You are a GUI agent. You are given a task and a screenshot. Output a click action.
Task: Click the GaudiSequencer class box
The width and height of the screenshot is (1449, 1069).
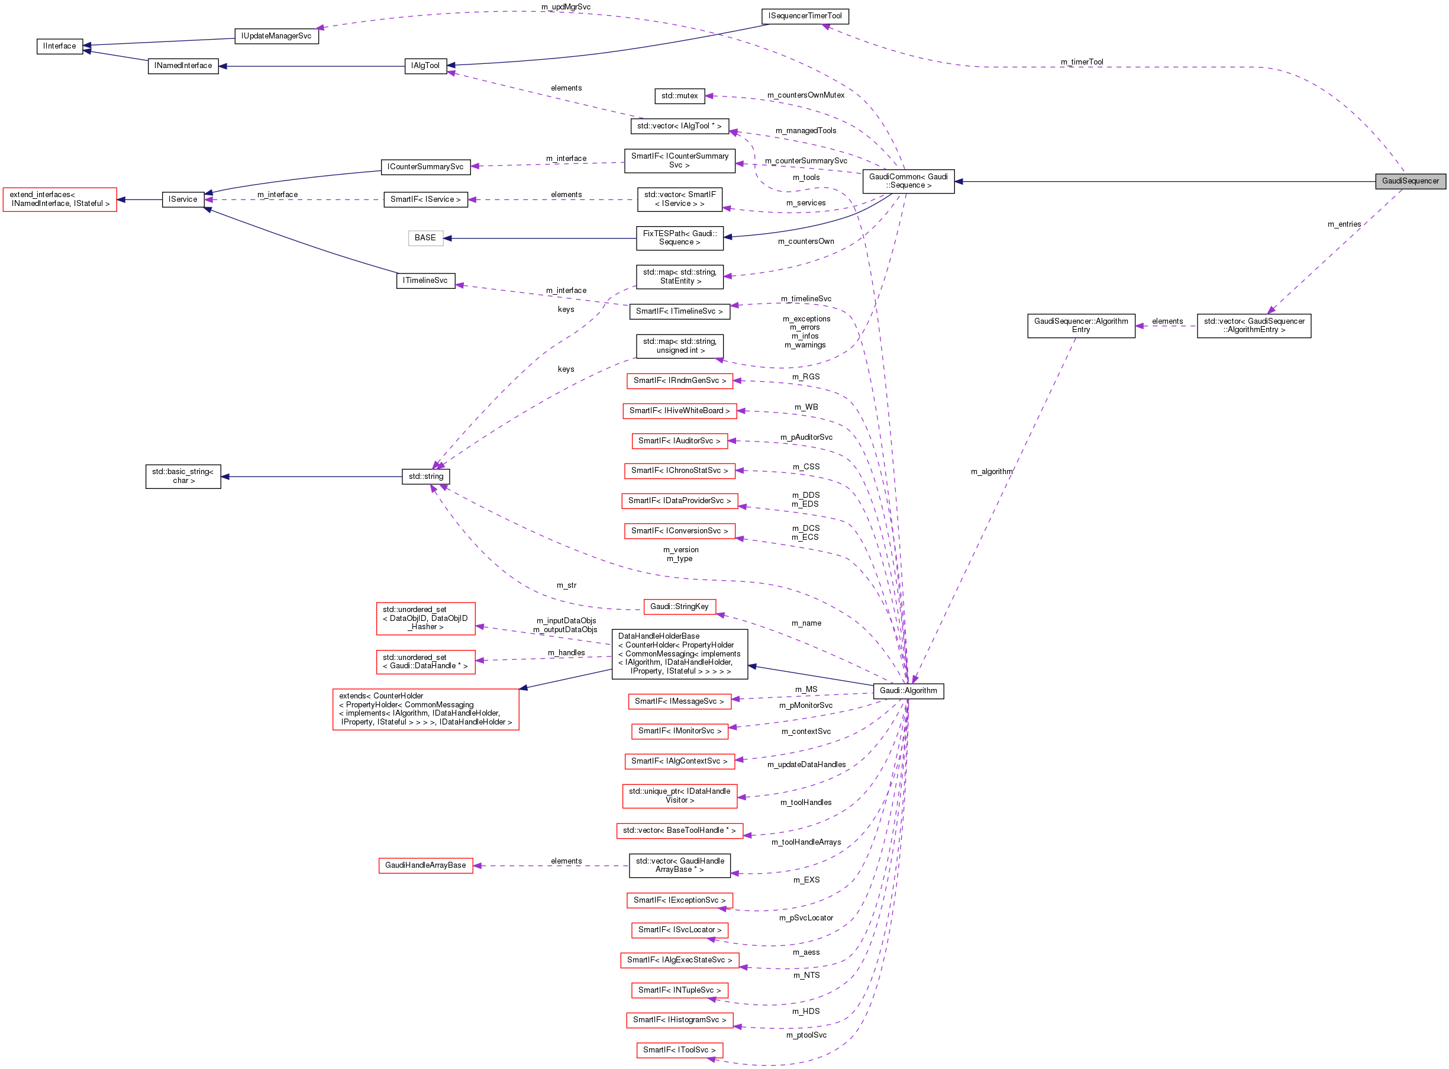(x=1409, y=181)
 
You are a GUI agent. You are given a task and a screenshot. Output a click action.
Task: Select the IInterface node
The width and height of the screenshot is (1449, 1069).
(x=60, y=46)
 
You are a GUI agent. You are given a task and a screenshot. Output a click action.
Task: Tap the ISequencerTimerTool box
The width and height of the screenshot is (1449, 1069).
(x=805, y=16)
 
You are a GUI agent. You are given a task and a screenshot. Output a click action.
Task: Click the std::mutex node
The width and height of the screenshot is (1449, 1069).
(x=679, y=96)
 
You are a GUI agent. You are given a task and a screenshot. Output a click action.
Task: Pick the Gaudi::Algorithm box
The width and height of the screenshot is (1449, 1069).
(x=908, y=691)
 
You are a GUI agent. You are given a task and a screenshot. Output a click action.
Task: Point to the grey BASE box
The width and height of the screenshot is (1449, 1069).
(x=425, y=238)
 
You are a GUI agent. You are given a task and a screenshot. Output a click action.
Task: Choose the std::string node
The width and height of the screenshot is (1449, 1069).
(x=425, y=477)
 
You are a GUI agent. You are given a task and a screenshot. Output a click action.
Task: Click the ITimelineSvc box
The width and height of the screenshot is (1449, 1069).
(x=425, y=281)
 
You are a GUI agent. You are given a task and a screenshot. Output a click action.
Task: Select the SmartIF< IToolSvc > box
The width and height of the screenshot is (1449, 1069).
(x=679, y=1050)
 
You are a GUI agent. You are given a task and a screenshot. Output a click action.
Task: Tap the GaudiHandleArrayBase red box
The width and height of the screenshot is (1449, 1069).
(x=425, y=866)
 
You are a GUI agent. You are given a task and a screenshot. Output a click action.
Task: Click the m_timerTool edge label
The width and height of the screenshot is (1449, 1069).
(x=1082, y=62)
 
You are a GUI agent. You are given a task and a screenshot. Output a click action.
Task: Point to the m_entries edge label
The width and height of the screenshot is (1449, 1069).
(x=1344, y=224)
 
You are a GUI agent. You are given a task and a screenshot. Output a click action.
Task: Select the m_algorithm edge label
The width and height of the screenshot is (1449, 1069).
(x=991, y=472)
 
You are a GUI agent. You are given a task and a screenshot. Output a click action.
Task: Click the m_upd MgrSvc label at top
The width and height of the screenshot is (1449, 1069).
(x=566, y=7)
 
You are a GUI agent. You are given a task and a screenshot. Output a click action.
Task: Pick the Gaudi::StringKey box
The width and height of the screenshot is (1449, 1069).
(x=679, y=607)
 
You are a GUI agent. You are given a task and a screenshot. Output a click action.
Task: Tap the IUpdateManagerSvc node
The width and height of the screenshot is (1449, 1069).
(x=276, y=36)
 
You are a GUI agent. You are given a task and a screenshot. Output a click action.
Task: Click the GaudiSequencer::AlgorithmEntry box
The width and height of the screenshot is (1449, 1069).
(x=1080, y=326)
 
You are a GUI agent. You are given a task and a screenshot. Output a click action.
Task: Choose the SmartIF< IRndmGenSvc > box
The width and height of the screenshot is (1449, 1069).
(x=679, y=381)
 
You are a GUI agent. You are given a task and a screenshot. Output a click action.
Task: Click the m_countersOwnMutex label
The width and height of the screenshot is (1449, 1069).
(x=805, y=95)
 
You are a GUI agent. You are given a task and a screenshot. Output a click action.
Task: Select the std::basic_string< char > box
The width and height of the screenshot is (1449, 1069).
(x=183, y=476)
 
